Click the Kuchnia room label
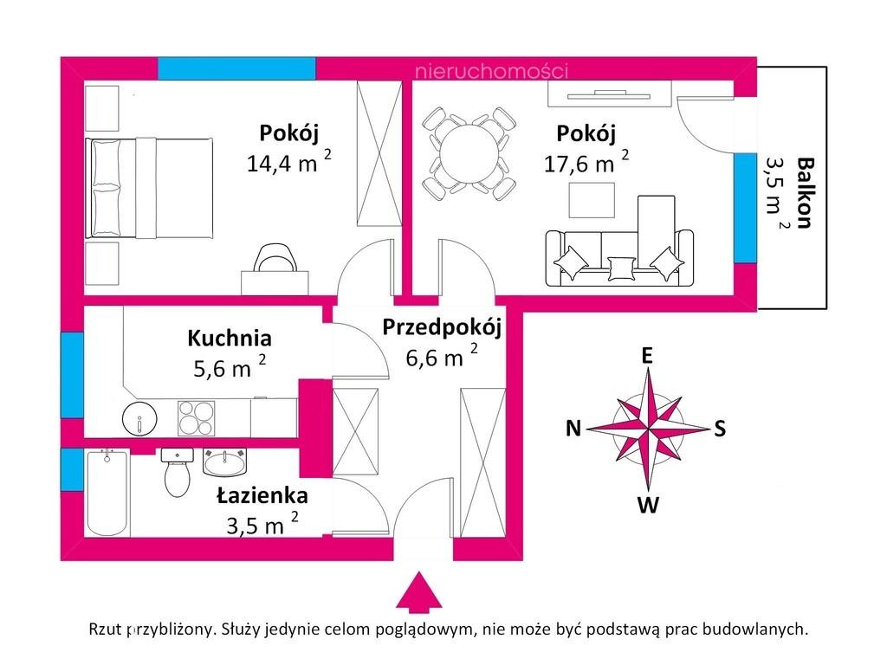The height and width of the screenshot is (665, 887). tap(229, 339)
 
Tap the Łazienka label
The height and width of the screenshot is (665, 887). tap(262, 495)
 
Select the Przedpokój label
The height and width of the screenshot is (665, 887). tap(442, 327)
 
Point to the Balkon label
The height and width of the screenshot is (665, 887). tap(805, 193)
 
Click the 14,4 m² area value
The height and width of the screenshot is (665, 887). tap(288, 162)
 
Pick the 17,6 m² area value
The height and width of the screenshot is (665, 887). tap(586, 162)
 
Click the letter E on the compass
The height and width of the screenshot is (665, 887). tap(646, 356)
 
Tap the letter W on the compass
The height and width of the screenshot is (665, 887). tap(648, 505)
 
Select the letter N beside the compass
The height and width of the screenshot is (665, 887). tap(573, 429)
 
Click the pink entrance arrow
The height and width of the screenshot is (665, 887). tap(418, 591)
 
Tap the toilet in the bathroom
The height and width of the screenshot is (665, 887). tap(177, 473)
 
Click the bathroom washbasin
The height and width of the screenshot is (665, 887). tap(225, 462)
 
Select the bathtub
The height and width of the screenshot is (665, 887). tap(107, 493)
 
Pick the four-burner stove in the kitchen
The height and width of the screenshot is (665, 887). tap(197, 418)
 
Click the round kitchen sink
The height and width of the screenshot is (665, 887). tap(139, 419)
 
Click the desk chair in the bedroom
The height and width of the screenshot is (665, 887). tap(275, 258)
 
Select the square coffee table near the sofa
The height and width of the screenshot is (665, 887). tap(592, 202)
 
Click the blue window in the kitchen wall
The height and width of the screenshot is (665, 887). tap(72, 375)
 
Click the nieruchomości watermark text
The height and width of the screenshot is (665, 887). tap(491, 71)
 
